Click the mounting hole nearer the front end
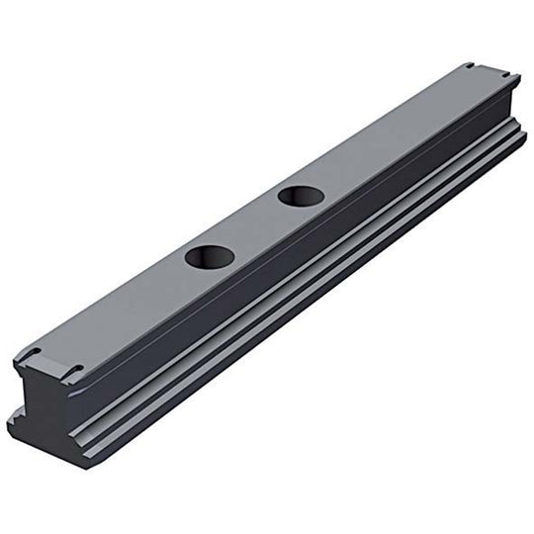(209, 258)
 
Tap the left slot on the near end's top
(30, 354)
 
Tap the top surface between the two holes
(255, 226)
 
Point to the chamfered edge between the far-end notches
(489, 70)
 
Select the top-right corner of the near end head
(84, 381)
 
